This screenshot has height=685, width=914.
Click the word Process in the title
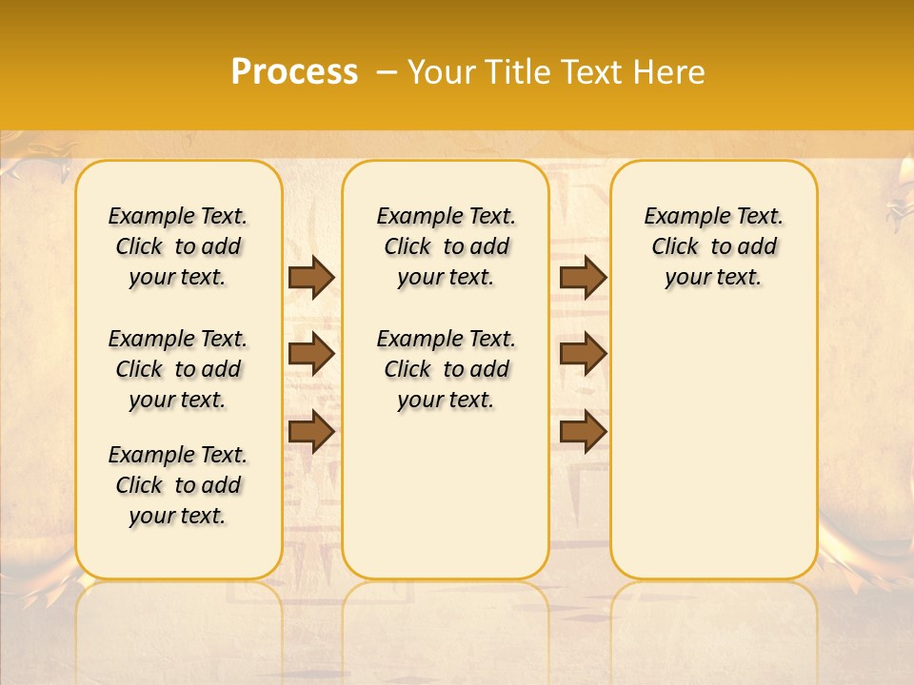pyautogui.click(x=294, y=72)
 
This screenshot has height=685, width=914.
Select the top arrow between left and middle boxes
pyautogui.click(x=311, y=278)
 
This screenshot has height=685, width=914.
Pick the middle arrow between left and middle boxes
pyautogui.click(x=311, y=354)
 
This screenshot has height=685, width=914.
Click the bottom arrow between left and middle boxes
pyautogui.click(x=311, y=431)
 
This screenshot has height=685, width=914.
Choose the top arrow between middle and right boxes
pyautogui.click(x=583, y=278)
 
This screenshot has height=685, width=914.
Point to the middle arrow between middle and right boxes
pyautogui.click(x=583, y=354)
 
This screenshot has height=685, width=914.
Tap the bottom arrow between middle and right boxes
pyautogui.click(x=583, y=431)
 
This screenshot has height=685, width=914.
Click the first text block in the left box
pyautogui.click(x=178, y=246)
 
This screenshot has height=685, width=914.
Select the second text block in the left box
pyautogui.click(x=178, y=369)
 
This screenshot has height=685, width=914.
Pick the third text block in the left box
pyautogui.click(x=178, y=485)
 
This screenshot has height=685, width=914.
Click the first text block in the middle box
pyautogui.click(x=446, y=246)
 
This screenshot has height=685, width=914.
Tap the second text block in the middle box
pyautogui.click(x=446, y=369)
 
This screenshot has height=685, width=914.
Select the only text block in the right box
pyautogui.click(x=713, y=246)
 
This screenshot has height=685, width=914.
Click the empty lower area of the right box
pyautogui.click(x=713, y=447)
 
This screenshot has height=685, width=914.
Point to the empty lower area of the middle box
pyautogui.click(x=446, y=495)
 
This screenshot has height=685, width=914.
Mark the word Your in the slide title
pyautogui.click(x=440, y=72)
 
